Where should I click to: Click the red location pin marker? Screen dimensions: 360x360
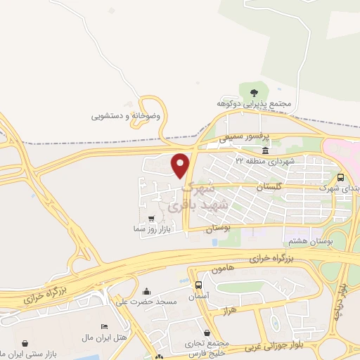[181, 165]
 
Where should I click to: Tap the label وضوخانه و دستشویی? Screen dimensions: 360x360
[126, 115]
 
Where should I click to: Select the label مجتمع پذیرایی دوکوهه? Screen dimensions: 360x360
[252, 104]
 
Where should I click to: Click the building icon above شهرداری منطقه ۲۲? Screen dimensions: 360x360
[265, 150]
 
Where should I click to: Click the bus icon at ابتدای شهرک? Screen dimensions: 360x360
[340, 178]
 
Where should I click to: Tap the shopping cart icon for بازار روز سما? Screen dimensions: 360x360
[153, 219]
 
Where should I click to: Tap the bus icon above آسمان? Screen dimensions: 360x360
[199, 285]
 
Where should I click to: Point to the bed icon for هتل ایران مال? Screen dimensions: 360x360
[104, 327]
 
